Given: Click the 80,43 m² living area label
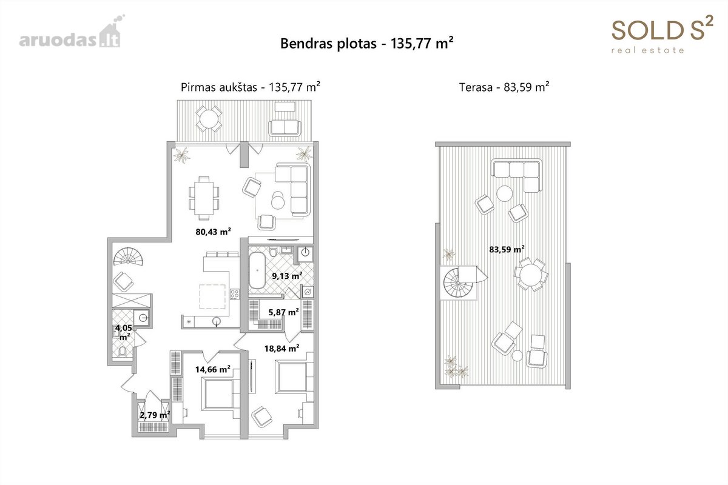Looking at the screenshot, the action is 213,232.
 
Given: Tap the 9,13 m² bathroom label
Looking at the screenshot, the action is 288,276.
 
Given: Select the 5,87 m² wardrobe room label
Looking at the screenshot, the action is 284,312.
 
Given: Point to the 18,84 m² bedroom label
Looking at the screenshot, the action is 281,349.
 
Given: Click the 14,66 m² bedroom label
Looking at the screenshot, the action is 213,369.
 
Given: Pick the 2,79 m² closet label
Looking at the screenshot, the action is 155,415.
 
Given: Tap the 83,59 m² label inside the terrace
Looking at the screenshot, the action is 507,250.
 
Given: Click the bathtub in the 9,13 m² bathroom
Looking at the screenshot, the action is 257,270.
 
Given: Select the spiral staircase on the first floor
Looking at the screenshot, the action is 129,256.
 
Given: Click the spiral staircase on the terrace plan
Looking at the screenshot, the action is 458,282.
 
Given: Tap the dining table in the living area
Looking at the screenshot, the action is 204,198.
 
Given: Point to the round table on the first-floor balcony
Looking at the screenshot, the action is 209,119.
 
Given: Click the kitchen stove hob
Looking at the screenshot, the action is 235,294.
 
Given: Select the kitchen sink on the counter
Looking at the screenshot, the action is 217,321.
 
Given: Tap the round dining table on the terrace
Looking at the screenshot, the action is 531,275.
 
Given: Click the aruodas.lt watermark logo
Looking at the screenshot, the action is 70,33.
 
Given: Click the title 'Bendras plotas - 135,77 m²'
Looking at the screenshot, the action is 366,43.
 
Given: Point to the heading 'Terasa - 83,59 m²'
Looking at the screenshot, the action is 504,87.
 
